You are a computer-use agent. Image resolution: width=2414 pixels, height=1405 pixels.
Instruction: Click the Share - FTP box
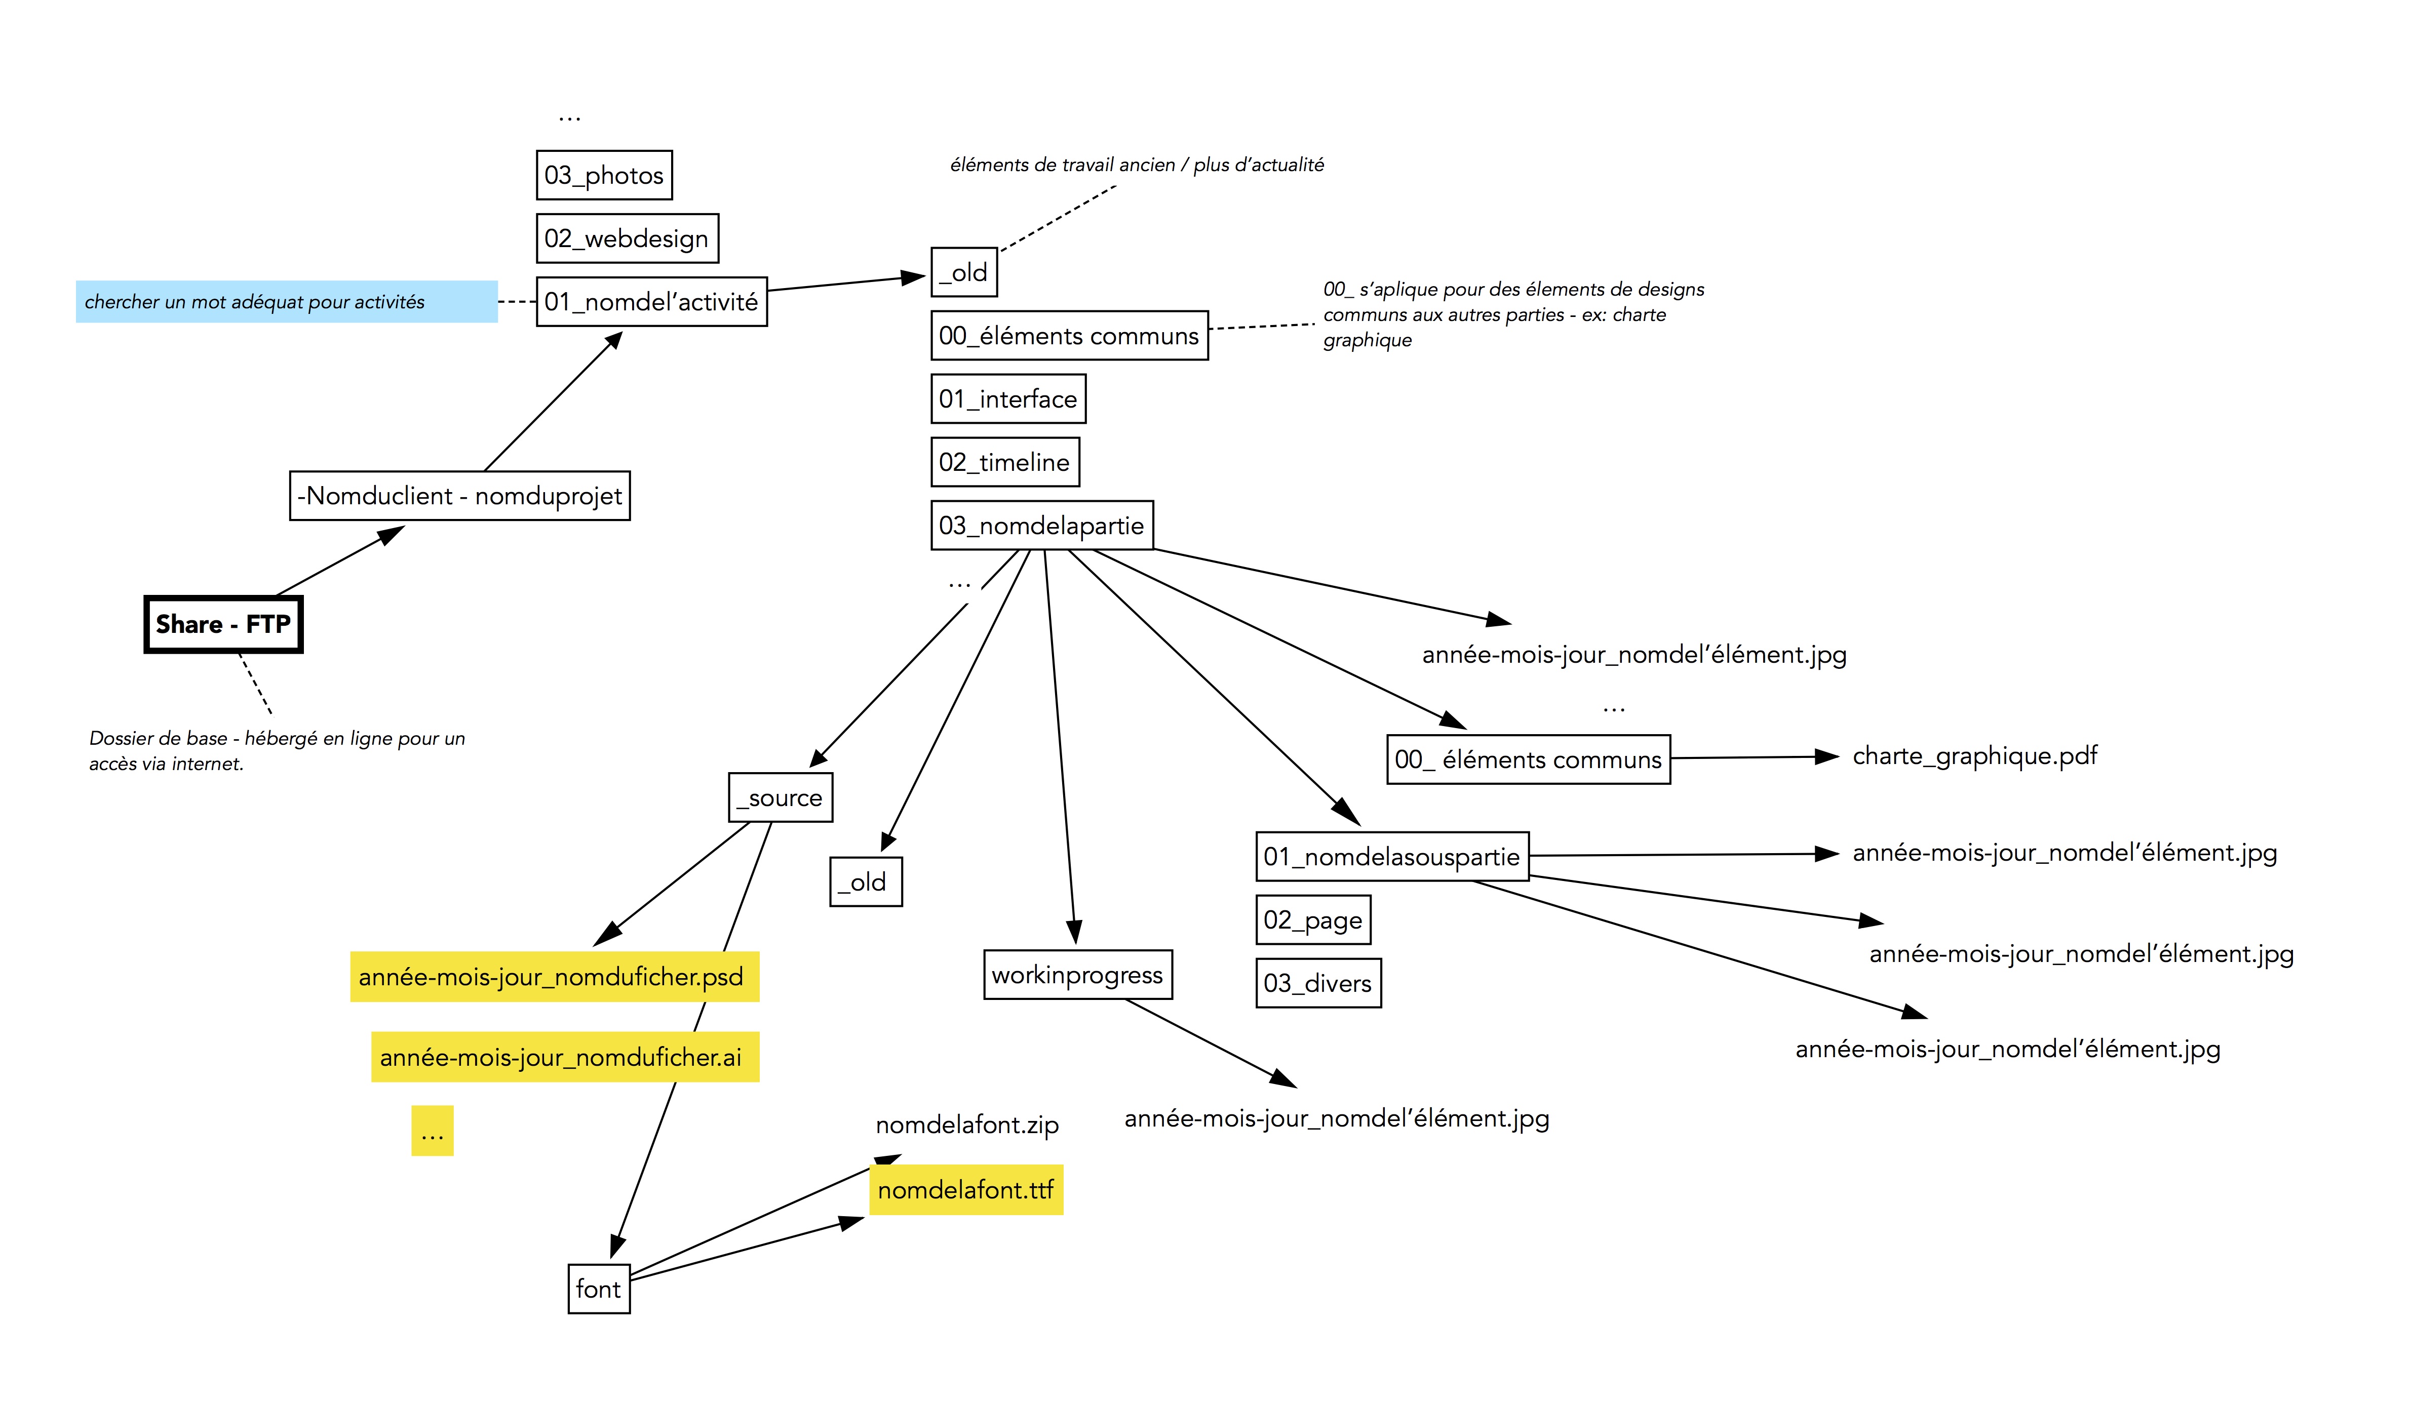click(x=223, y=624)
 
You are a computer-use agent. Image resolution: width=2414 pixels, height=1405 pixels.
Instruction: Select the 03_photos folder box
click(x=604, y=175)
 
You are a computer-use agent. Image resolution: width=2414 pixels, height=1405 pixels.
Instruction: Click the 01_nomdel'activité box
click(x=651, y=302)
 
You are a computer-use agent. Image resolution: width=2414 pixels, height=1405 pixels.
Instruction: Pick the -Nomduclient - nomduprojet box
click(x=460, y=496)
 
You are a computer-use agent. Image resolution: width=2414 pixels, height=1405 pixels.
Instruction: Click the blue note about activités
click(x=286, y=302)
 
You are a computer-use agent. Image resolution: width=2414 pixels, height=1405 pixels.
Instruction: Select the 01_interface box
click(x=1008, y=398)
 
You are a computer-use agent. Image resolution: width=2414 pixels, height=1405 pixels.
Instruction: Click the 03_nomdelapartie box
click(x=1041, y=525)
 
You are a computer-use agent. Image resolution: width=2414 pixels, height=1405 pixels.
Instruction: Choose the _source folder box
click(x=780, y=798)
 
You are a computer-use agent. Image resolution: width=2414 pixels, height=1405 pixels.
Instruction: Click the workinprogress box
click(x=1078, y=975)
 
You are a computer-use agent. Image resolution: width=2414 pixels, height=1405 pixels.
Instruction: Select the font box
click(x=599, y=1289)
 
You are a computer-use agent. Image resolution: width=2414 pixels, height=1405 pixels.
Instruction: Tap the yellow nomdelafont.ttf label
click(x=965, y=1189)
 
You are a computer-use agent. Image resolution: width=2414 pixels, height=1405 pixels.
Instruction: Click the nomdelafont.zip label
click(x=966, y=1125)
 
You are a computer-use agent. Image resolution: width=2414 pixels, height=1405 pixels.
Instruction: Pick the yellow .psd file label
click(x=554, y=977)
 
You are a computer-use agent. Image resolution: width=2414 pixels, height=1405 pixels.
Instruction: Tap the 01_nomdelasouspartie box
click(x=1392, y=856)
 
